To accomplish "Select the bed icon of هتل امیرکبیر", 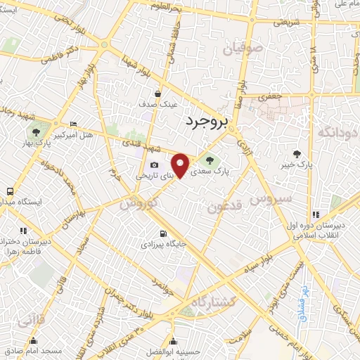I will point(74,124).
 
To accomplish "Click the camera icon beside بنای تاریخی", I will point(154,165).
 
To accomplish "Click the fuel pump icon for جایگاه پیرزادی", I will point(163,233).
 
